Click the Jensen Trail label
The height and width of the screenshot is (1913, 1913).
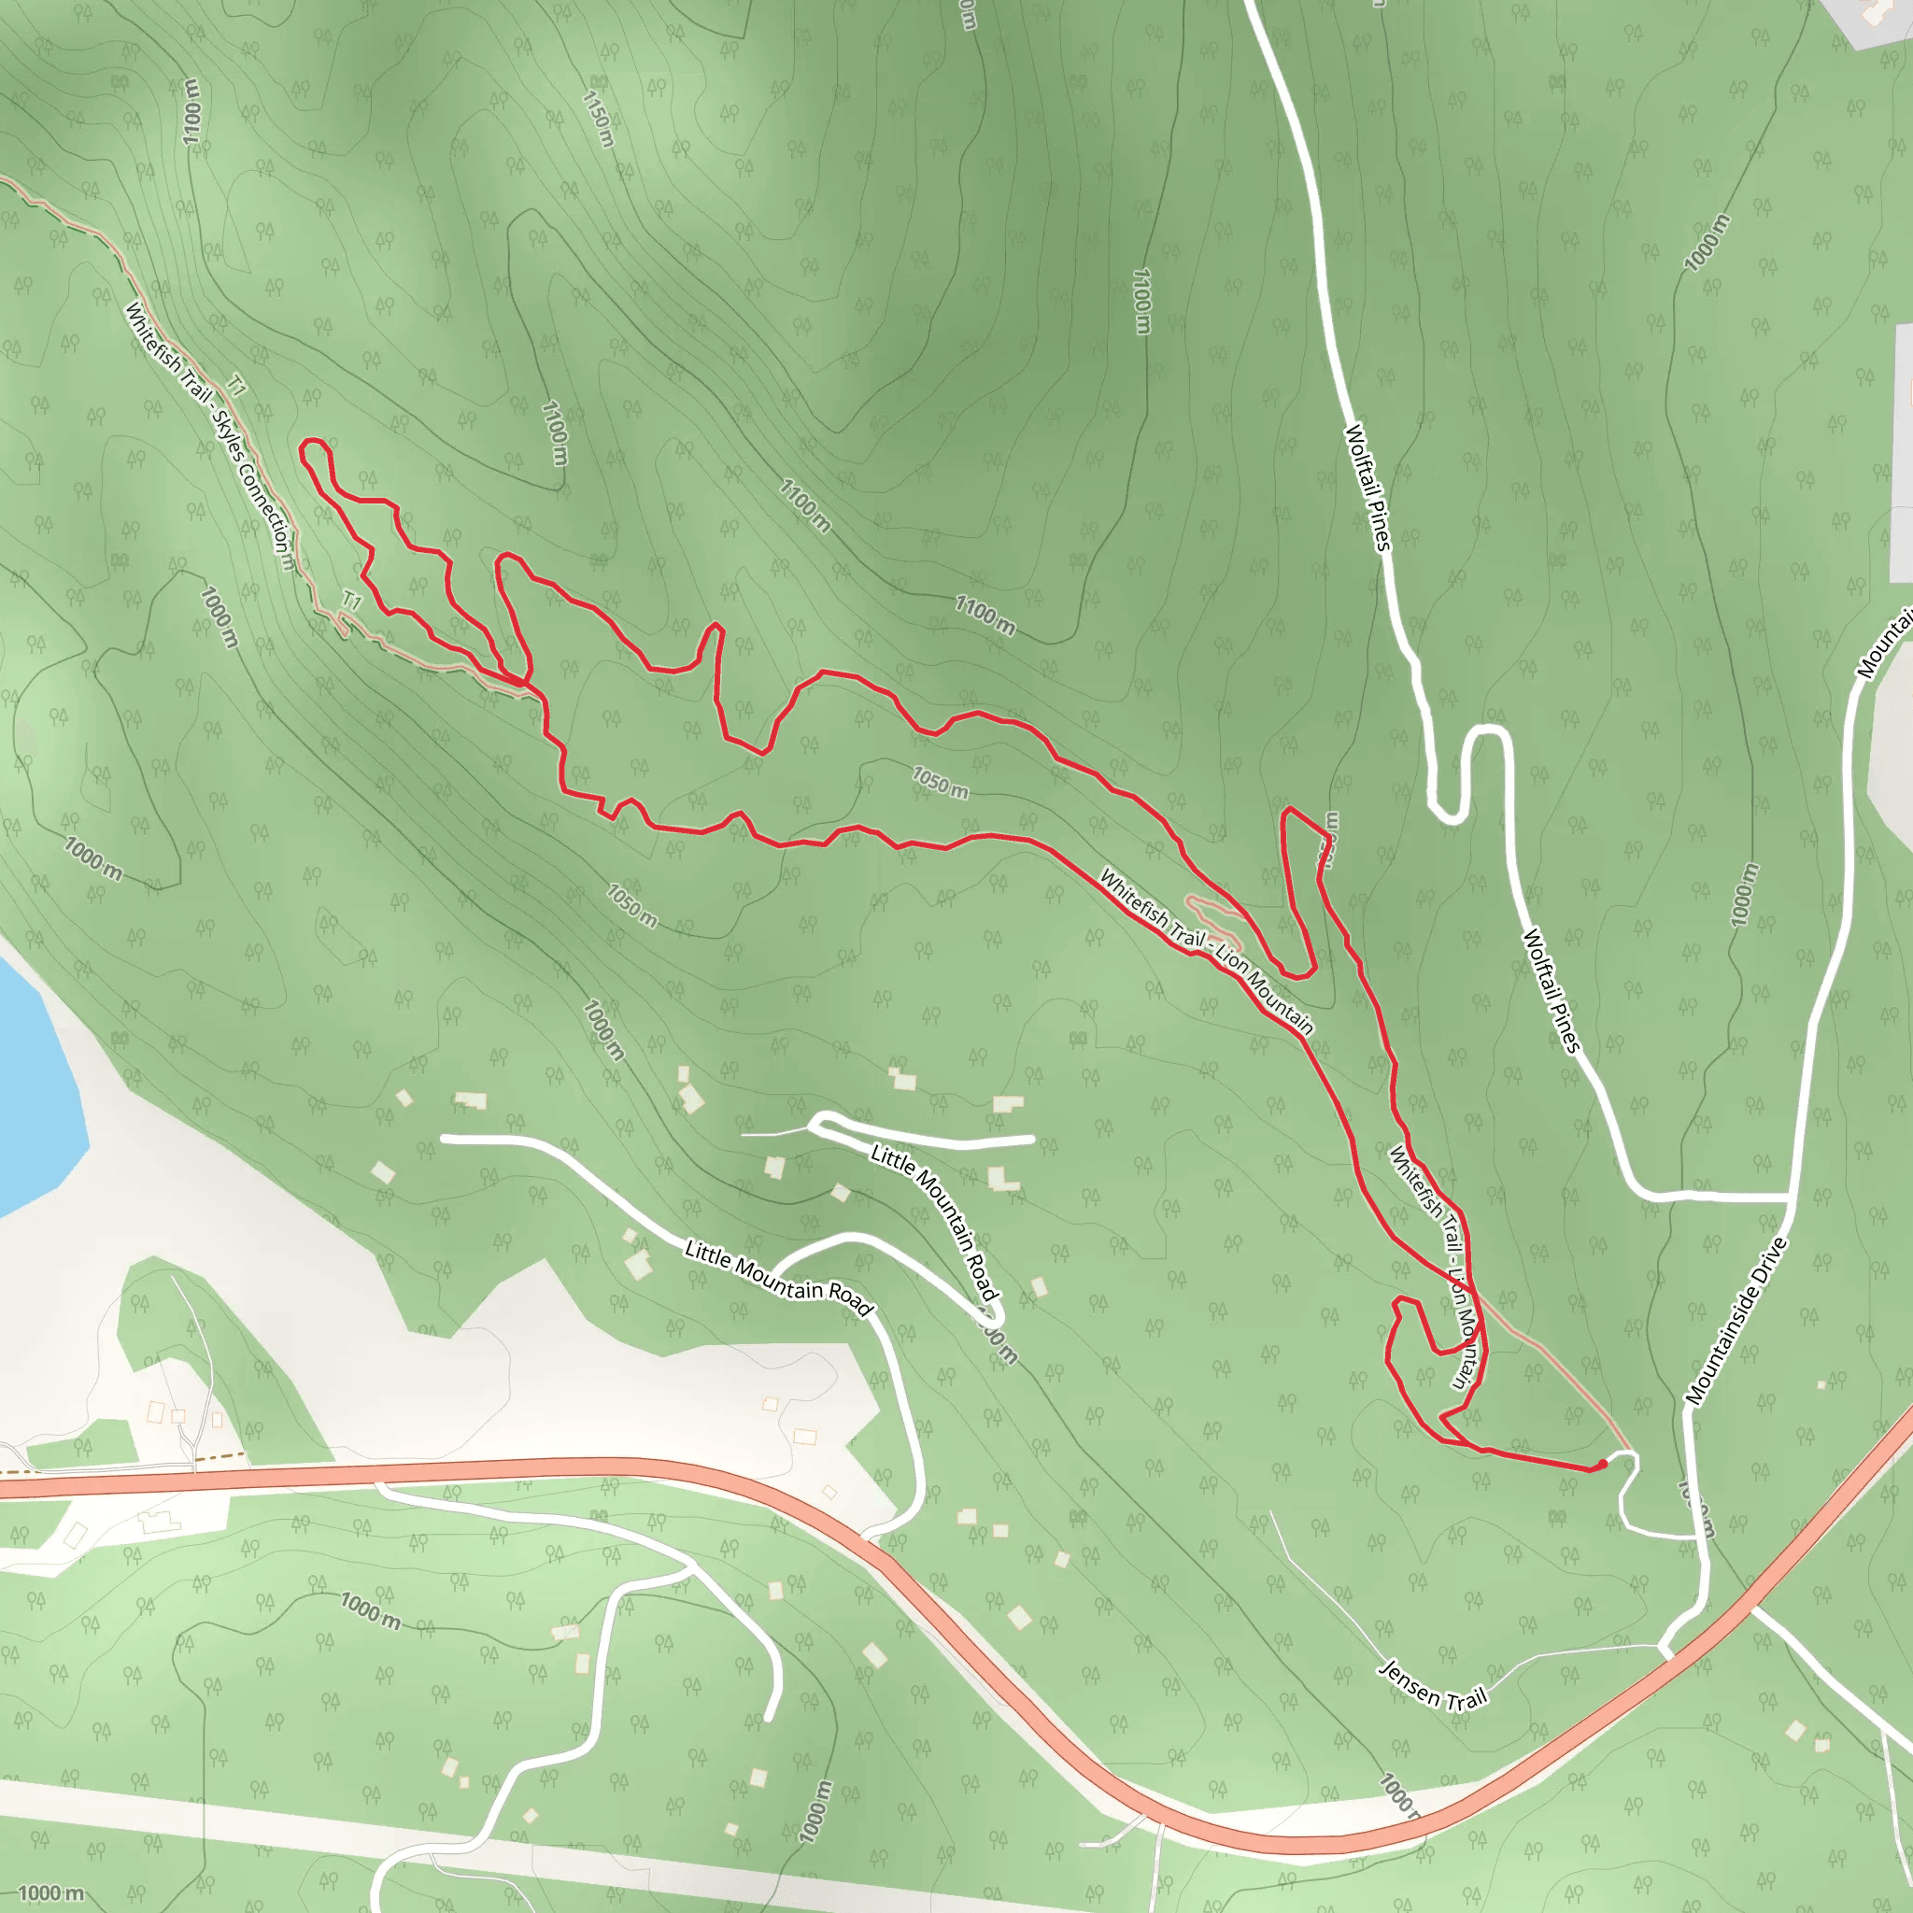click(x=1433, y=1685)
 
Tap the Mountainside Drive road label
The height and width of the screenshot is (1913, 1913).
click(x=1736, y=1321)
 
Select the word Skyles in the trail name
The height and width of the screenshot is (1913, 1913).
click(x=227, y=436)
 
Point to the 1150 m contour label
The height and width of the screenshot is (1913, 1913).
click(x=597, y=120)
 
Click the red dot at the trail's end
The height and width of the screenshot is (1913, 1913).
click(x=1602, y=1464)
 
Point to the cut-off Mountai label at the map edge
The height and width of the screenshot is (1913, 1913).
click(x=1885, y=648)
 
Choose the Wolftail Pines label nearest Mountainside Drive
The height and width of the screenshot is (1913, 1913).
click(x=1551, y=990)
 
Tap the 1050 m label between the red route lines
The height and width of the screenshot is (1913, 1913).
click(x=940, y=782)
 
